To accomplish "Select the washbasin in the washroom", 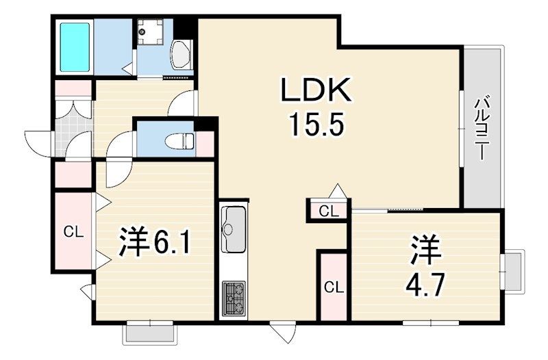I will [x=182, y=55].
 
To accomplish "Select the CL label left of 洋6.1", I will [x=73, y=231].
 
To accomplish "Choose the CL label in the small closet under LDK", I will [x=328, y=211].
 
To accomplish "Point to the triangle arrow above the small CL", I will [x=336, y=191].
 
